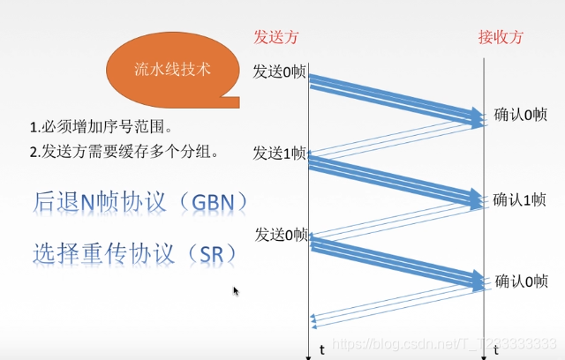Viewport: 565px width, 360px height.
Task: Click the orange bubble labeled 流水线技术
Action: pyautogui.click(x=171, y=69)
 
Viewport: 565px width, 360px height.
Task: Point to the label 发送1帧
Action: pyautogui.click(x=279, y=154)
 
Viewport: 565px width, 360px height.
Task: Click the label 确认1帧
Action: pyautogui.click(x=519, y=199)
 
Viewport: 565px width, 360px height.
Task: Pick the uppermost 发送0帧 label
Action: pyautogui.click(x=279, y=71)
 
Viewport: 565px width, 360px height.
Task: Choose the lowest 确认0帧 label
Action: pyautogui.click(x=522, y=281)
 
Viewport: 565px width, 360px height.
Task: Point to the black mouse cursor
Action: pyautogui.click(x=236, y=290)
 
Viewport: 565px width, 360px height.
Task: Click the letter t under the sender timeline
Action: pyautogui.click(x=322, y=349)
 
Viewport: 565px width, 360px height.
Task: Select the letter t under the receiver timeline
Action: pyautogui.click(x=496, y=349)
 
